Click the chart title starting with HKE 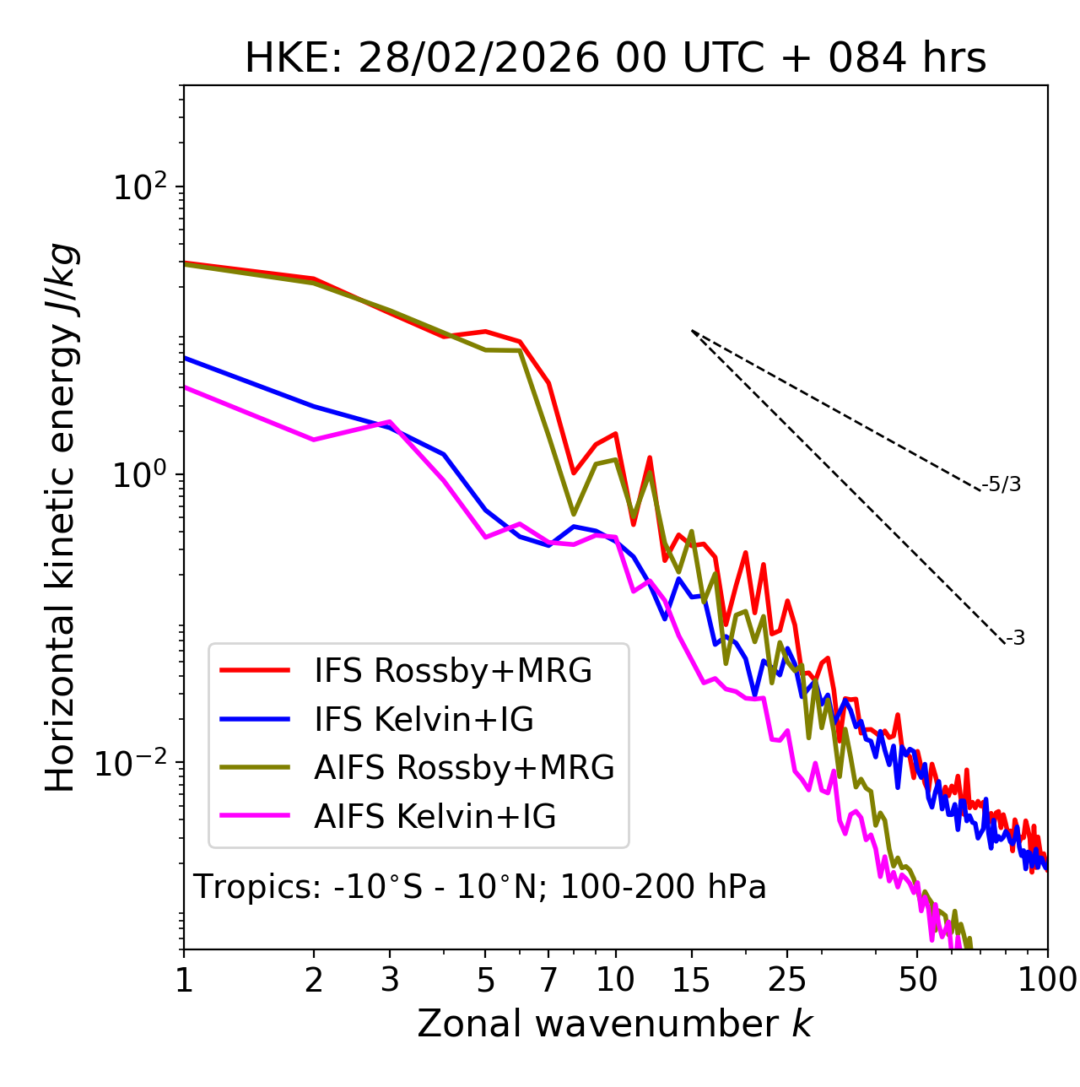pos(615,59)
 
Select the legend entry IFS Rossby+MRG pos(452,671)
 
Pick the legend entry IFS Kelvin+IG pos(424,720)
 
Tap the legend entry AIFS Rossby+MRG pos(464,768)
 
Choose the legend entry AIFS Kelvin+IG pos(435,817)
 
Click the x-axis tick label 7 pos(548,980)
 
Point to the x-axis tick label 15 pos(691,980)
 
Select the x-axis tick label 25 pos(787,980)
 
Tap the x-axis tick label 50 pos(918,980)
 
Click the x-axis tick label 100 pos(1047,980)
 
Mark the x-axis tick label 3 pos(389,980)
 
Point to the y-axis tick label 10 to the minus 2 pos(135,763)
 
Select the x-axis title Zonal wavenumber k pos(615,1024)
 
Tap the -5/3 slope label pos(1002,484)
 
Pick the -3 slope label pos(1015,639)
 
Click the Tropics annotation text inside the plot pos(480,887)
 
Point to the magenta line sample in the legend pos(255,816)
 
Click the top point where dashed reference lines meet pos(691,330)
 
